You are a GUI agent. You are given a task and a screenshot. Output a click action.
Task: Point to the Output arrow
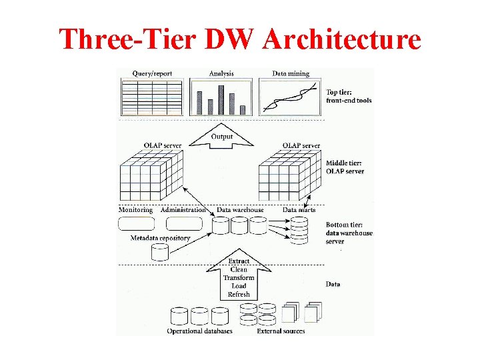(x=222, y=137)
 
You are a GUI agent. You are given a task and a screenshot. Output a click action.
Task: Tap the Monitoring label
(x=135, y=210)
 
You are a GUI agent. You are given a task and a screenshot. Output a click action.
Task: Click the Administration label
(x=183, y=210)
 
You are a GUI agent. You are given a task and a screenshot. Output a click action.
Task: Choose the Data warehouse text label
(x=240, y=210)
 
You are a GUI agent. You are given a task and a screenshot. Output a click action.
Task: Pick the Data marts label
(x=299, y=210)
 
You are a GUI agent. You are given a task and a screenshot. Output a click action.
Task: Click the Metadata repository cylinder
(x=160, y=252)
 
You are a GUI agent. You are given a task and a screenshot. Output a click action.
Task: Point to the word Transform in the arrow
(x=239, y=278)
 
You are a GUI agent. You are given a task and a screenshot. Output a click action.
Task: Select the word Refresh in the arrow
(x=239, y=294)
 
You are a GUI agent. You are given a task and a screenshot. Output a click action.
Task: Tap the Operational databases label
(x=199, y=331)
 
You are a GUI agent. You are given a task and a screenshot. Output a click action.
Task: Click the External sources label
(x=281, y=331)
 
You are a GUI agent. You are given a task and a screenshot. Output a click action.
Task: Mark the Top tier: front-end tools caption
(x=349, y=97)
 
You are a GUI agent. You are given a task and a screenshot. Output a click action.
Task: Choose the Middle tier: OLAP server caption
(x=345, y=167)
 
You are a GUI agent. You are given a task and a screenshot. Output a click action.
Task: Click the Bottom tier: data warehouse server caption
(x=349, y=233)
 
